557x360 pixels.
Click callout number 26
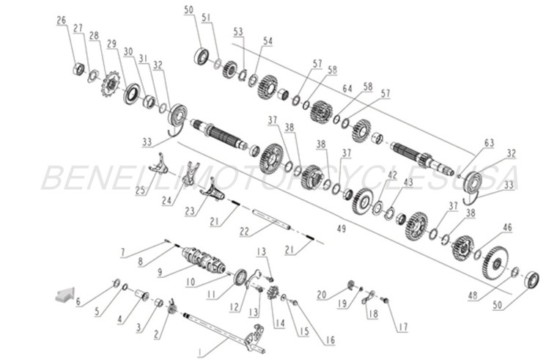pos(61,20)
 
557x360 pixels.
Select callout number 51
pos(206,17)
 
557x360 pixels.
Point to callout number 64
pos(347,89)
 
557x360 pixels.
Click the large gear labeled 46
pos(495,261)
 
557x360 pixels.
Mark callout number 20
pos(321,295)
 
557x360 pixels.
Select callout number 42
pos(393,175)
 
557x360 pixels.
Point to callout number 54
pos(268,42)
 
